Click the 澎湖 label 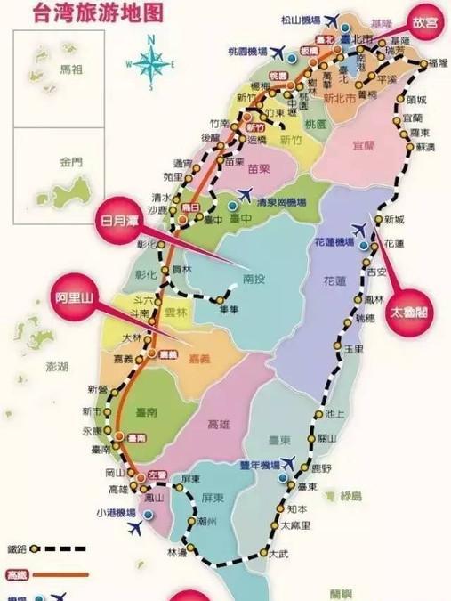pyautogui.click(x=32, y=366)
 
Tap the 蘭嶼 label pyautogui.click(x=341, y=593)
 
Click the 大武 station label pyautogui.click(x=279, y=553)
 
